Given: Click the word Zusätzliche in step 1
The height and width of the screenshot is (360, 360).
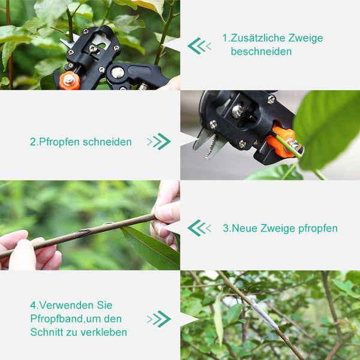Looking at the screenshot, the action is click(x=257, y=38).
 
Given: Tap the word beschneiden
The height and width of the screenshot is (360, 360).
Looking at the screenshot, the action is click(x=261, y=52).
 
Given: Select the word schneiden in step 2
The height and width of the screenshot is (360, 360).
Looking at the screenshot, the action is click(x=107, y=142).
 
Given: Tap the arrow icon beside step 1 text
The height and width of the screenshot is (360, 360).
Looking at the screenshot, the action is click(x=199, y=46).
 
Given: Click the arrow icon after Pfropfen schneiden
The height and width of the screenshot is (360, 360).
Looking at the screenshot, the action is click(x=159, y=142).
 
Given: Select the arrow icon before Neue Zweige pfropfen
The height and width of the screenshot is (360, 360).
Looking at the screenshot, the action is click(x=199, y=228).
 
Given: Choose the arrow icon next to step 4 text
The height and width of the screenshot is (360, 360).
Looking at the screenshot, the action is click(x=159, y=319).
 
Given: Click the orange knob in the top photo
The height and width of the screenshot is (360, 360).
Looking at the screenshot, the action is click(x=70, y=80).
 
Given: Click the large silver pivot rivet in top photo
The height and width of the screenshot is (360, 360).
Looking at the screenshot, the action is click(x=118, y=73).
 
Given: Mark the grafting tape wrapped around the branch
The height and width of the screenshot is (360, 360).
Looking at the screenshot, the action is click(x=264, y=314).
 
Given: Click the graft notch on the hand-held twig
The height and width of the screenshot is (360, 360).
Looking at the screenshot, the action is click(x=85, y=232).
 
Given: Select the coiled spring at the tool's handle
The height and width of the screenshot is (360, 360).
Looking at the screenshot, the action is click(x=143, y=86).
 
